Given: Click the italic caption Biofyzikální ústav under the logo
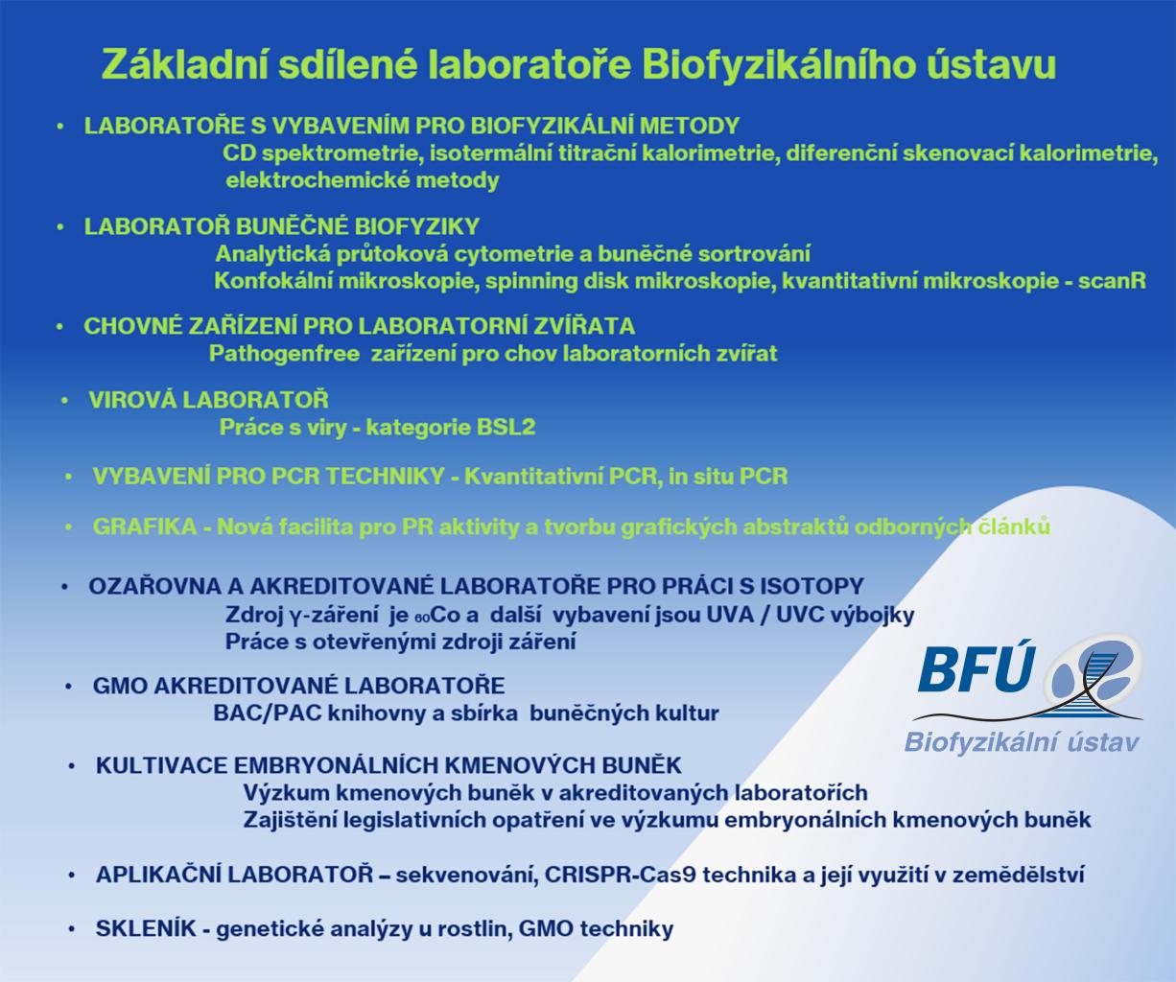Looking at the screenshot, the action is [1022, 742].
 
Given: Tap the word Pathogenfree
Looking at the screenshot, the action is [284, 354].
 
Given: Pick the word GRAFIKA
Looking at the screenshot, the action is [145, 527].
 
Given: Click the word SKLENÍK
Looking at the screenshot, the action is [146, 928].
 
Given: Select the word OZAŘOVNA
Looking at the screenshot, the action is [154, 586].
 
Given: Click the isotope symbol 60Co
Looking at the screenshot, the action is [437, 615].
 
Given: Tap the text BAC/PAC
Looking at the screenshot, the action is [267, 713].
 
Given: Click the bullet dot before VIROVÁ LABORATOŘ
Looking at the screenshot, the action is [65, 401].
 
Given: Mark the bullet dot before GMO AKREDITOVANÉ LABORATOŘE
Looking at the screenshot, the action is [69, 687].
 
